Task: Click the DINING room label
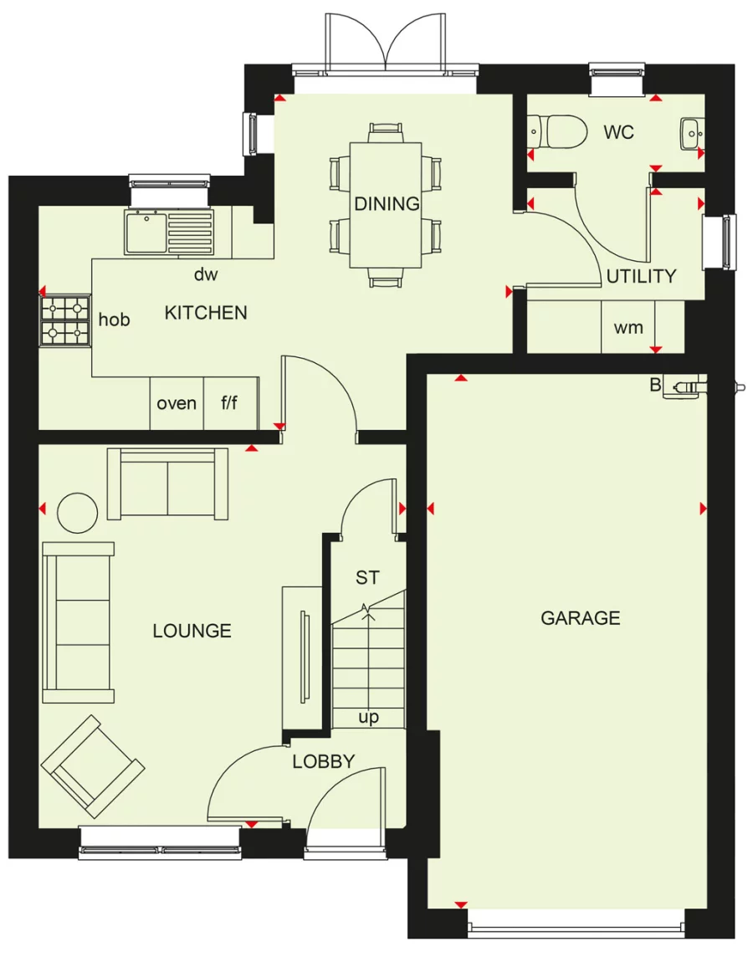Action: point(387,203)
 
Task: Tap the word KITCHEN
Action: point(206,313)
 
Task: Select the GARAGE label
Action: point(581,618)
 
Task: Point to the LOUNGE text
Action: point(192,631)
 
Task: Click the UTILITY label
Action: point(641,276)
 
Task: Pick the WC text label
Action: point(618,132)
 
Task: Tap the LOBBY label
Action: point(323,762)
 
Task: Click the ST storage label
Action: point(366,577)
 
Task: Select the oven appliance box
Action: point(177,403)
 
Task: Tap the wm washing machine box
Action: point(628,327)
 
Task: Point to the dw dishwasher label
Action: point(205,274)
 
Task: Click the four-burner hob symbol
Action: point(65,321)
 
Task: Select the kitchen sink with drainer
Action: point(169,232)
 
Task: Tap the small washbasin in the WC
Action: point(691,132)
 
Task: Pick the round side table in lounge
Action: point(77,511)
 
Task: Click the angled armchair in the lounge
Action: point(92,766)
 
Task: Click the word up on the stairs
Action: point(368,718)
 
